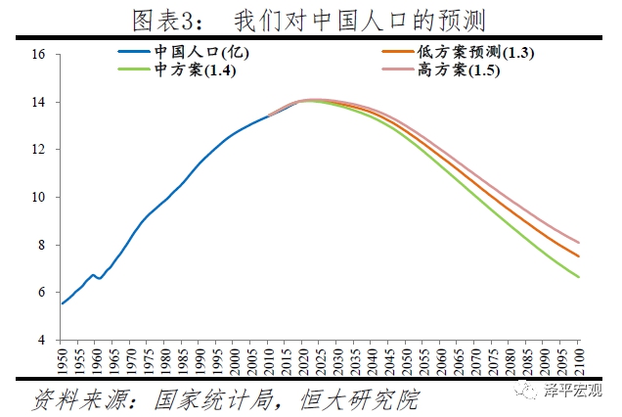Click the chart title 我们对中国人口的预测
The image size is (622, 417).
pos(361,20)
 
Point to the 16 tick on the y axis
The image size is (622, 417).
pos(39,55)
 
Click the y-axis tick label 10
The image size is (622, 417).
pos(39,198)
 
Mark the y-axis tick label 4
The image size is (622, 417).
pos(42,340)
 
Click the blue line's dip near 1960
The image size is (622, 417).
pos(99,278)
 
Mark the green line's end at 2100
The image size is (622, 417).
pos(578,277)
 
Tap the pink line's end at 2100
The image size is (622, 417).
pos(578,243)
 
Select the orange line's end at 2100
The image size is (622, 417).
pos(578,256)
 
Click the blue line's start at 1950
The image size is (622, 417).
pos(63,303)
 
